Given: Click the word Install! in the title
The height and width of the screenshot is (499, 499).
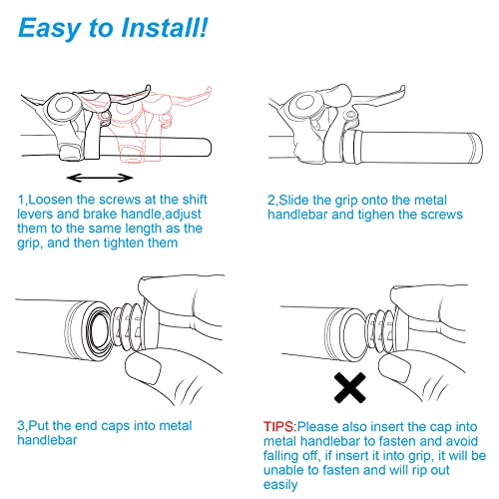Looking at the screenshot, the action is [165, 27].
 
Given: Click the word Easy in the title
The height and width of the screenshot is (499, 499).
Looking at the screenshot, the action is [50, 29].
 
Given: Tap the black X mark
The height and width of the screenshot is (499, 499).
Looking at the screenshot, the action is [349, 387].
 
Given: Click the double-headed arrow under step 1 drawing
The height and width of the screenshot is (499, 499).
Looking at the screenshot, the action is [100, 178].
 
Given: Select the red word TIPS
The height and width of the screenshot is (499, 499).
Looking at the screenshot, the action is [278, 427].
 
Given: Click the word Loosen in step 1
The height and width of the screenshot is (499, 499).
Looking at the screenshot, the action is [50, 200].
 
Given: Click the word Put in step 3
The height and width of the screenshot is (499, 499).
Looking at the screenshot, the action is [39, 426].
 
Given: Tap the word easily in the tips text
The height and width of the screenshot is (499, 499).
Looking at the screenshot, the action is [280, 485].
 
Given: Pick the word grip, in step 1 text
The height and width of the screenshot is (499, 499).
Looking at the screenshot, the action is [30, 244].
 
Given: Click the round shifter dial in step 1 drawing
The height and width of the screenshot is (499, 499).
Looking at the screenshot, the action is [63, 106].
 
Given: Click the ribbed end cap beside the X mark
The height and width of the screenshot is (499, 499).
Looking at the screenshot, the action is [382, 331].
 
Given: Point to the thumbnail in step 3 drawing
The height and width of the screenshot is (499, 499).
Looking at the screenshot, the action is [143, 367].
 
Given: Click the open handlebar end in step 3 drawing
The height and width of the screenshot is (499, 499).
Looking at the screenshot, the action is [97, 331].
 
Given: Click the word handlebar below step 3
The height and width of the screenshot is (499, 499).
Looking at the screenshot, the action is [47, 440].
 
